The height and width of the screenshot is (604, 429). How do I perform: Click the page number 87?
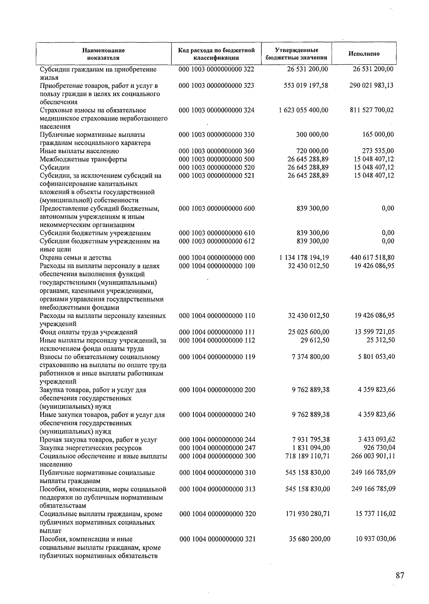coord(400,575)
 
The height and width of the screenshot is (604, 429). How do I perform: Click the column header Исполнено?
coord(364,54)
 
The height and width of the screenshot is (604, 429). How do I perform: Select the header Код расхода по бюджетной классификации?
coord(216,54)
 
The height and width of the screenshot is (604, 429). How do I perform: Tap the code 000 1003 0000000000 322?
coord(216,69)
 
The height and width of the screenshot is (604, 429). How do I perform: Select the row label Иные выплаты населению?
coord(79,151)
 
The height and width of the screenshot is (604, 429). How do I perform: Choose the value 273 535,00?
coord(378,151)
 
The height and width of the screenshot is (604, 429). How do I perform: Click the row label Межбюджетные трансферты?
coord(83,159)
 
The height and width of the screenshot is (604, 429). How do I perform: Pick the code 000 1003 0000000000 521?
coord(217,176)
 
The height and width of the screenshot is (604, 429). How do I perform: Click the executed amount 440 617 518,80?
coord(372,258)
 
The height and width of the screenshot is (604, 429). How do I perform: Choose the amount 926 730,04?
coord(378,448)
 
